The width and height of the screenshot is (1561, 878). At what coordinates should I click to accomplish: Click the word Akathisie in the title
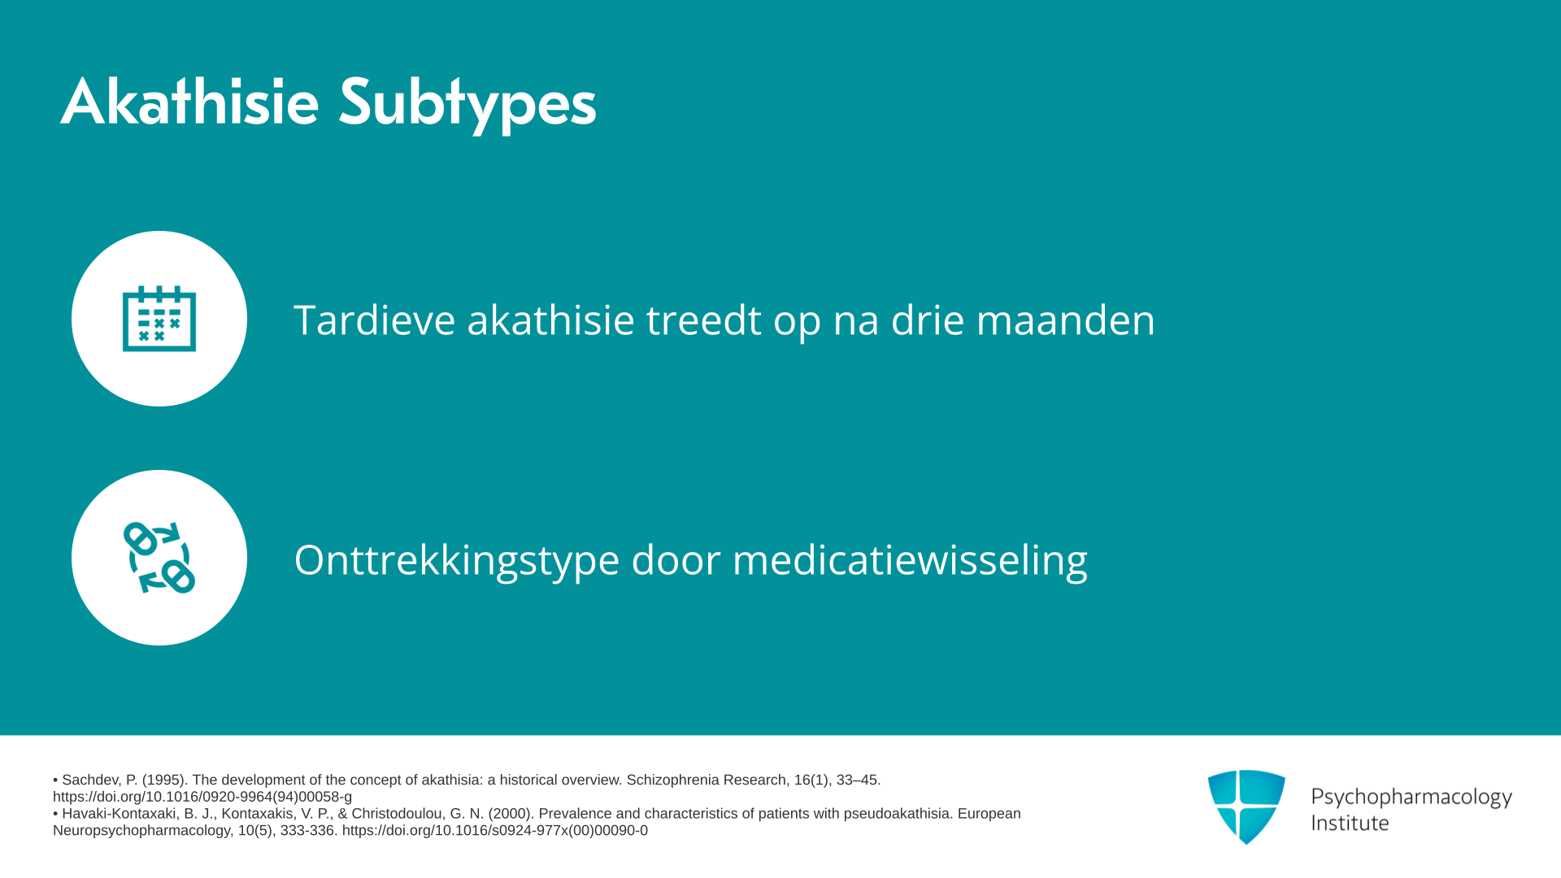(189, 102)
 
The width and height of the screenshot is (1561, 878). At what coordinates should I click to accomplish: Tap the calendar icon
(159, 318)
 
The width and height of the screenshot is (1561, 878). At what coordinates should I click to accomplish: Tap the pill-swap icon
(159, 558)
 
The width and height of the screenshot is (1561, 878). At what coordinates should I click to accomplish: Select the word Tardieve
(374, 319)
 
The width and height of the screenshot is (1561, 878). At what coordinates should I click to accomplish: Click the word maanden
(1065, 320)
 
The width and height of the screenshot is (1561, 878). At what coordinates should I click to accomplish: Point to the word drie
(927, 319)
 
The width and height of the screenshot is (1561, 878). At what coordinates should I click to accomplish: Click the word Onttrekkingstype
(457, 561)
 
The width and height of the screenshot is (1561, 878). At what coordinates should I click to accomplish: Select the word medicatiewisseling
(910, 561)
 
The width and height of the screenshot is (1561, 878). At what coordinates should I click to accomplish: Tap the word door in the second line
(676, 560)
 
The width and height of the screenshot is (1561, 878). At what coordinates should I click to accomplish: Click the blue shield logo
(1246, 806)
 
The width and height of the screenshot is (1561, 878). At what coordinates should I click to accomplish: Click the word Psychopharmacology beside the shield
(1411, 798)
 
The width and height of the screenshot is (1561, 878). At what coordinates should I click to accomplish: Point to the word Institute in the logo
(1350, 823)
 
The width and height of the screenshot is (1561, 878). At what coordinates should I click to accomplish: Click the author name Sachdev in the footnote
(91, 780)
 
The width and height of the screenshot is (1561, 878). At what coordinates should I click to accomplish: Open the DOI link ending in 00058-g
(202, 798)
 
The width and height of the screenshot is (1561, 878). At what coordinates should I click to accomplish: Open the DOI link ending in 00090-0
(495, 831)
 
